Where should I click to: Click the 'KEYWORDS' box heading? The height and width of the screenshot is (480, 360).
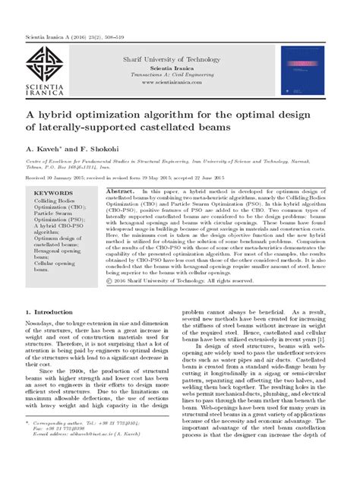50,193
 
